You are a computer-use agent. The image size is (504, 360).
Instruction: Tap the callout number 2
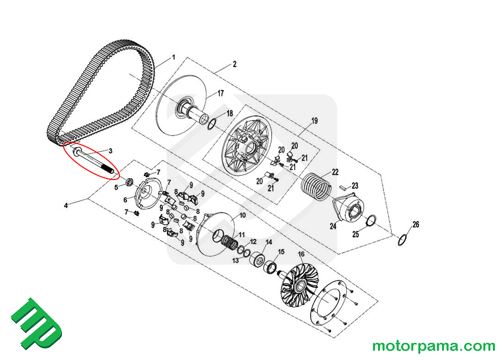(234, 64)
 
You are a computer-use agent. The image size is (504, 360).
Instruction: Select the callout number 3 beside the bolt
(110, 151)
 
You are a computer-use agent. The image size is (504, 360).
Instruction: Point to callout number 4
(66, 205)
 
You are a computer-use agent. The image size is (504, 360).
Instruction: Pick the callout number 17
(221, 93)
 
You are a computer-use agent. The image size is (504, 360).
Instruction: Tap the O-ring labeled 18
(212, 124)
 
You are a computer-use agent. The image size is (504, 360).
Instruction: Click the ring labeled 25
(371, 220)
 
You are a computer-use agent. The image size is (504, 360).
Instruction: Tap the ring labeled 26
(403, 240)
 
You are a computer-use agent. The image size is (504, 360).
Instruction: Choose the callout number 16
(301, 254)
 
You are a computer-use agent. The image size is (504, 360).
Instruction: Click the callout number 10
(242, 215)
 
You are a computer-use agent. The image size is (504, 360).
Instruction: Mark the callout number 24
(333, 226)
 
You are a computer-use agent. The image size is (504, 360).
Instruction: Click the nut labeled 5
(129, 181)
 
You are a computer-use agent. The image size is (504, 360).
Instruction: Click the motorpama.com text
(433, 346)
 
